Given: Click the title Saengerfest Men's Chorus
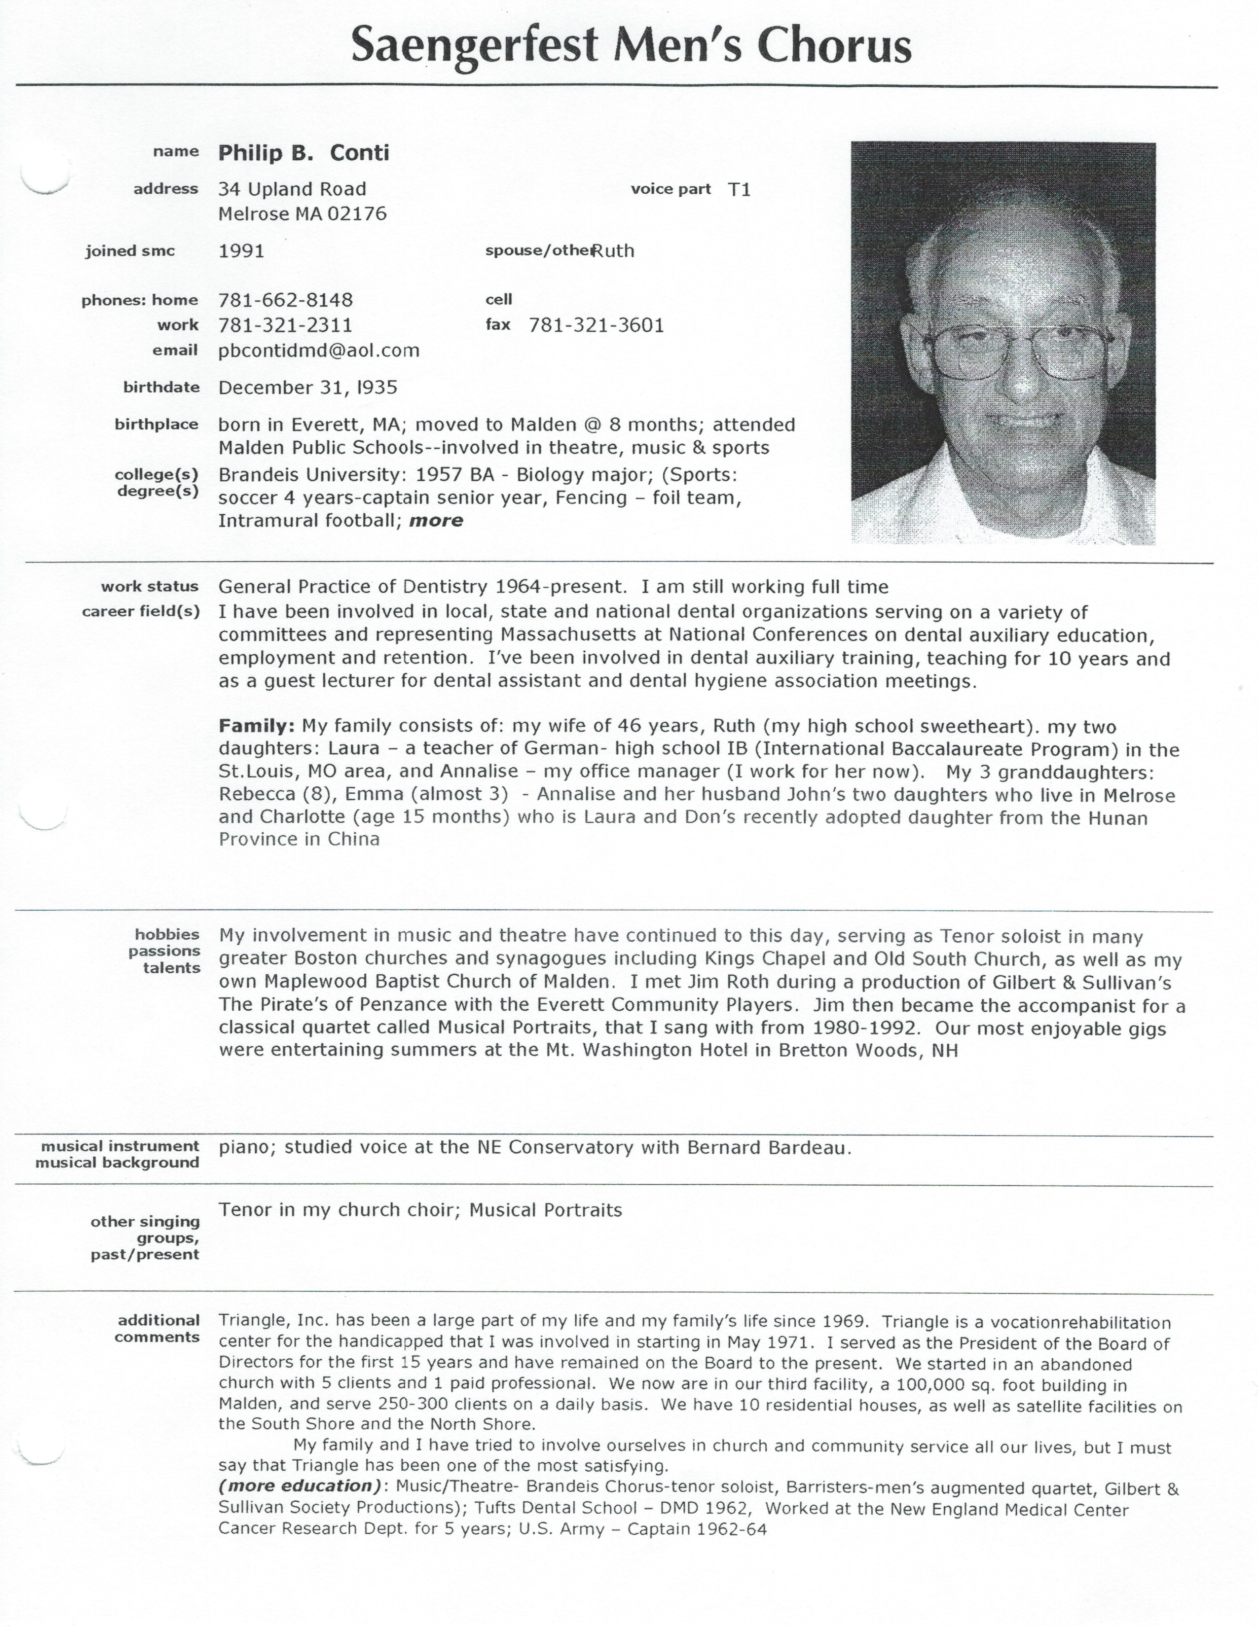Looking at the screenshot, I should click(x=630, y=46).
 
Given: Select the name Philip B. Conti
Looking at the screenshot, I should click(x=303, y=153).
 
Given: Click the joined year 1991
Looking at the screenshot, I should click(x=241, y=251).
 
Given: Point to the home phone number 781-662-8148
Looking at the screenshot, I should click(x=286, y=300).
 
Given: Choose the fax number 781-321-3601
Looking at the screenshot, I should click(x=596, y=325).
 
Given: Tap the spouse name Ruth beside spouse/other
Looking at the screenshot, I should click(x=614, y=251).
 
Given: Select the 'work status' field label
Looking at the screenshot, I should click(x=150, y=586).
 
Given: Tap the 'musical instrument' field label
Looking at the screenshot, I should click(x=120, y=1146).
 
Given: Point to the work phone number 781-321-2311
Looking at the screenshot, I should click(x=286, y=325).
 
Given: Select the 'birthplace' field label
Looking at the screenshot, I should click(x=156, y=424).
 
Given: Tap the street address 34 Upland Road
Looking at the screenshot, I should click(x=292, y=189).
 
